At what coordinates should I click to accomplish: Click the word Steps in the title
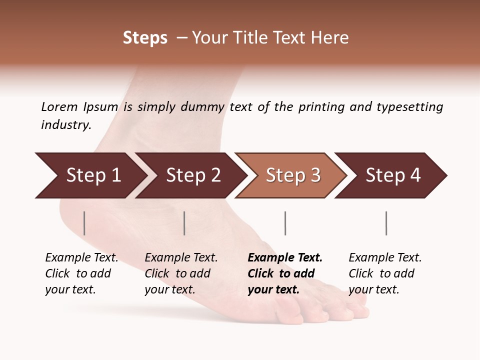(145, 38)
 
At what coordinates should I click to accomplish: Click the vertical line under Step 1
(84, 223)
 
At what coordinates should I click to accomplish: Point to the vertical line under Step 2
(184, 223)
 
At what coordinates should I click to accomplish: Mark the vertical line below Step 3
(285, 223)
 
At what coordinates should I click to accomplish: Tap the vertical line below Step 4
(386, 223)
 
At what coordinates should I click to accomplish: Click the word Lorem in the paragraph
(59, 107)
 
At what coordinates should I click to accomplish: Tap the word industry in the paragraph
(65, 125)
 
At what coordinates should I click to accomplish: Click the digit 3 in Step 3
(315, 175)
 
